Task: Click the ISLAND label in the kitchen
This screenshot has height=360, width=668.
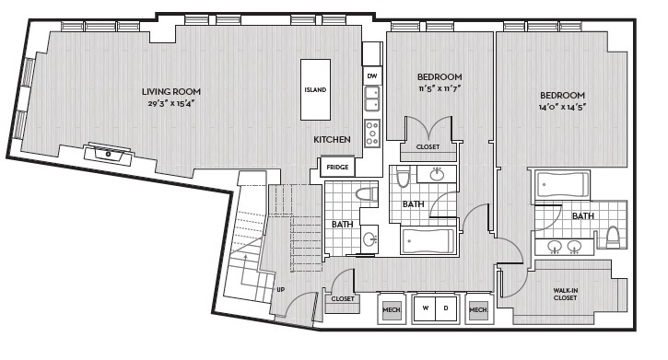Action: pyautogui.click(x=315, y=90)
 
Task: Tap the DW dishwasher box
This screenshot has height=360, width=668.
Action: pyautogui.click(x=372, y=76)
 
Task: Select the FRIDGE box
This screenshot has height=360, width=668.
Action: pyautogui.click(x=337, y=168)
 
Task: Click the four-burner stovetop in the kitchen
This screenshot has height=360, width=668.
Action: pyautogui.click(x=372, y=134)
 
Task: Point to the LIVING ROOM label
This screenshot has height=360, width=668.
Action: pyautogui.click(x=171, y=91)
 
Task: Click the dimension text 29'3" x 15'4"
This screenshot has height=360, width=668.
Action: pyautogui.click(x=171, y=103)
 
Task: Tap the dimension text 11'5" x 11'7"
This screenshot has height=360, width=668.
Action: pyautogui.click(x=439, y=89)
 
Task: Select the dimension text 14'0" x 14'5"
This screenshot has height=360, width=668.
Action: pyautogui.click(x=562, y=107)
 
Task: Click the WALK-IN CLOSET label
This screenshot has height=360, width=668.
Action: pyautogui.click(x=566, y=294)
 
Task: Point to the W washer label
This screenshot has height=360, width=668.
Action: pyautogui.click(x=425, y=308)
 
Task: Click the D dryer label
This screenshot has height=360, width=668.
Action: pyautogui.click(x=446, y=308)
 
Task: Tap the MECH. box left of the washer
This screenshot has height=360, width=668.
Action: pyautogui.click(x=391, y=308)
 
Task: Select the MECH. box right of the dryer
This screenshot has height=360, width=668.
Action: pyautogui.click(x=478, y=308)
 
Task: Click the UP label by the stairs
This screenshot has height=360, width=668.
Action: pyautogui.click(x=280, y=290)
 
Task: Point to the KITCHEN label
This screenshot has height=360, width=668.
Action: pyautogui.click(x=333, y=139)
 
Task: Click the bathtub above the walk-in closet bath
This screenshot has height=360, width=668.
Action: pyautogui.click(x=563, y=185)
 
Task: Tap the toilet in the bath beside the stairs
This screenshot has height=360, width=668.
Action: pyautogui.click(x=367, y=194)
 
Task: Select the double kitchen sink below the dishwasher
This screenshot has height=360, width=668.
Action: pyautogui.click(x=372, y=99)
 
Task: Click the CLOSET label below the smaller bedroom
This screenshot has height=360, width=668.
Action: pyautogui.click(x=428, y=146)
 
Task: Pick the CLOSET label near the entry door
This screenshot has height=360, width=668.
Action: pyautogui.click(x=343, y=298)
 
